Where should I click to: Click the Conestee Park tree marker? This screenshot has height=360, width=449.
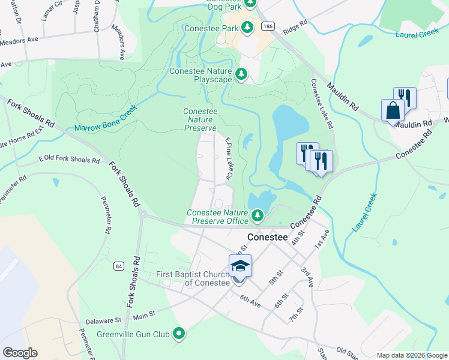pos(247,27)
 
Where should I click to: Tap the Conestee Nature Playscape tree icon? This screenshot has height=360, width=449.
pos(241,74)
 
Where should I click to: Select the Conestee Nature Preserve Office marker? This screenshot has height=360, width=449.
pos(258,214)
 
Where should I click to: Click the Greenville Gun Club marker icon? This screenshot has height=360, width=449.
pos(178,333)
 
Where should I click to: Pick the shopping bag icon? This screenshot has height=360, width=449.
pos(393,111)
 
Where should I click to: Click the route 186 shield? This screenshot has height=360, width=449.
pos(268,26)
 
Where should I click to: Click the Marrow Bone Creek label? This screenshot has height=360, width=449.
pos(106,119)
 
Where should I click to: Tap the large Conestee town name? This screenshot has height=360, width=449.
pos(267,237)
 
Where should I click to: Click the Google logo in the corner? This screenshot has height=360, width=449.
pos(19,353)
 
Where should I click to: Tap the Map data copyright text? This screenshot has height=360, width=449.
pos(412,355)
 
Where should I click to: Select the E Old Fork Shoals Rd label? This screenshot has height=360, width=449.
pos(69,160)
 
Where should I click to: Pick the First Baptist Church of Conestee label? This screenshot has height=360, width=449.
pos(193,278)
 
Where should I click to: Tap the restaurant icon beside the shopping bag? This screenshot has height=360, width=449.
pos(405,98)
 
